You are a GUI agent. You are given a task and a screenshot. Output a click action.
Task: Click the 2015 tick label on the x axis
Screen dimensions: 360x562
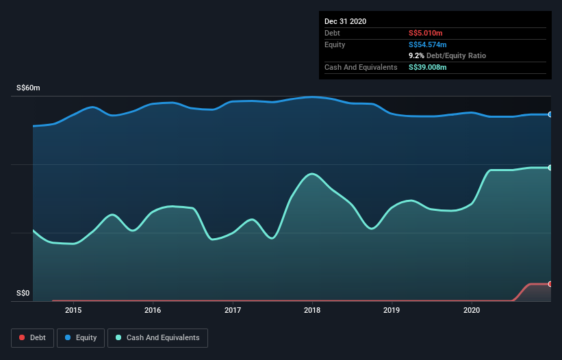pyautogui.click(x=73, y=310)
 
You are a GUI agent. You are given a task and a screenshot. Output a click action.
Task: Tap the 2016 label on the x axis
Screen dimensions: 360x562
pyautogui.click(x=153, y=310)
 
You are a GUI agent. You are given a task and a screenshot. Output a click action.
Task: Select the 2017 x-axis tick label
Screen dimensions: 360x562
pyautogui.click(x=233, y=310)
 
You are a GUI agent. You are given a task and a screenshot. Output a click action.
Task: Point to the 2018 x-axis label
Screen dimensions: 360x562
pyautogui.click(x=312, y=310)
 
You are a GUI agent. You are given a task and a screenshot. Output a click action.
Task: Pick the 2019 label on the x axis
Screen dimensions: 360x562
pyautogui.click(x=392, y=310)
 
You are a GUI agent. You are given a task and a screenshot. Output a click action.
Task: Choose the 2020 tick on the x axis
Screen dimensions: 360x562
pyautogui.click(x=472, y=310)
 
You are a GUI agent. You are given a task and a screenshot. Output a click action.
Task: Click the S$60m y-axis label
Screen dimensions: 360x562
pyautogui.click(x=28, y=88)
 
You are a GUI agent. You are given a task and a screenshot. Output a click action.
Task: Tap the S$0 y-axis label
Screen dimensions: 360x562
pyautogui.click(x=23, y=294)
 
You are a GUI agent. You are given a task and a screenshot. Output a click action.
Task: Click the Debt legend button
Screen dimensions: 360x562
pyautogui.click(x=31, y=337)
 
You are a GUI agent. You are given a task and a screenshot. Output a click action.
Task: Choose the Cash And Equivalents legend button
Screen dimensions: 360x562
pyautogui.click(x=157, y=337)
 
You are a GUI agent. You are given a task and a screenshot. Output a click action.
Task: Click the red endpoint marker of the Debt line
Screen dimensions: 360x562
pyautogui.click(x=550, y=283)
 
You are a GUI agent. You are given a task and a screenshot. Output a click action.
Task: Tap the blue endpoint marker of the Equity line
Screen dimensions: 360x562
pyautogui.click(x=550, y=114)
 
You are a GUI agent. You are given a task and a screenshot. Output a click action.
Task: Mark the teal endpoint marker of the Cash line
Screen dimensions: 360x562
pyautogui.click(x=550, y=168)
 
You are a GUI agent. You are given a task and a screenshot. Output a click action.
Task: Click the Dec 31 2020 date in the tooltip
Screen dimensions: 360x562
pyautogui.click(x=345, y=21)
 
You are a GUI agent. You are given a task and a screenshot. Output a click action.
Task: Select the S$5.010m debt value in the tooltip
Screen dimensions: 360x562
pyautogui.click(x=427, y=33)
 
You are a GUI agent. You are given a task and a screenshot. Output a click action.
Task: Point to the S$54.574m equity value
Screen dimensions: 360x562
pyautogui.click(x=429, y=44)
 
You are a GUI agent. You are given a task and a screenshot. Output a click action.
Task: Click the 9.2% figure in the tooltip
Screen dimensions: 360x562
pyautogui.click(x=416, y=55)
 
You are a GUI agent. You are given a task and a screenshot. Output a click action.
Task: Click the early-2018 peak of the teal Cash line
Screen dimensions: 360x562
pyautogui.click(x=312, y=174)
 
